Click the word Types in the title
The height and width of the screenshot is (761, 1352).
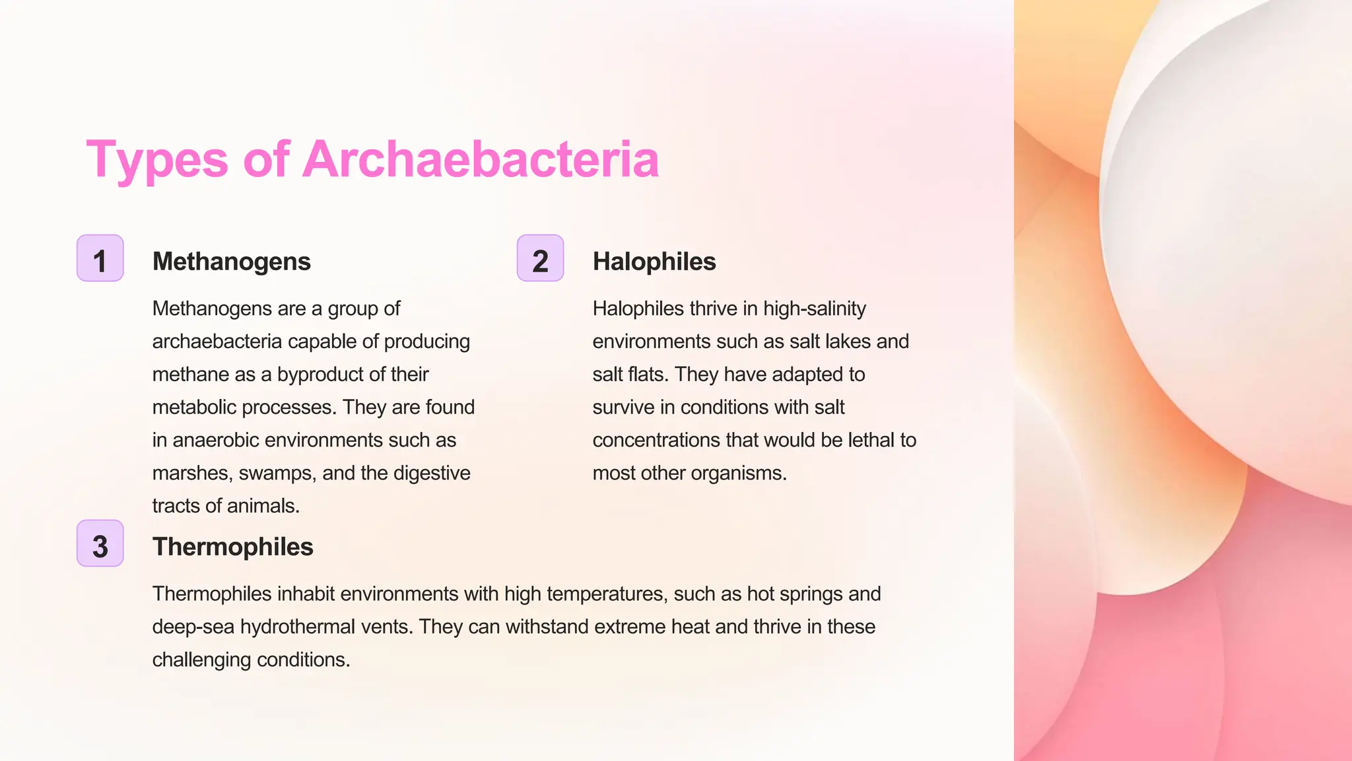pyautogui.click(x=157, y=161)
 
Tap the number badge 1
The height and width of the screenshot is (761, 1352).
pyautogui.click(x=100, y=258)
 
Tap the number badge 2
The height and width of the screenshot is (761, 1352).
pyautogui.click(x=540, y=258)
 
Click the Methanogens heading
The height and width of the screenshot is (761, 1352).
pyautogui.click(x=231, y=262)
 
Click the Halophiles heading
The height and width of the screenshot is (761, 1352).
pyautogui.click(x=654, y=262)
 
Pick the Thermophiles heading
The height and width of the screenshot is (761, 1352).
pyautogui.click(x=232, y=547)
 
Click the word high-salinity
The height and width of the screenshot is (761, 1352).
pyautogui.click(x=815, y=308)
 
